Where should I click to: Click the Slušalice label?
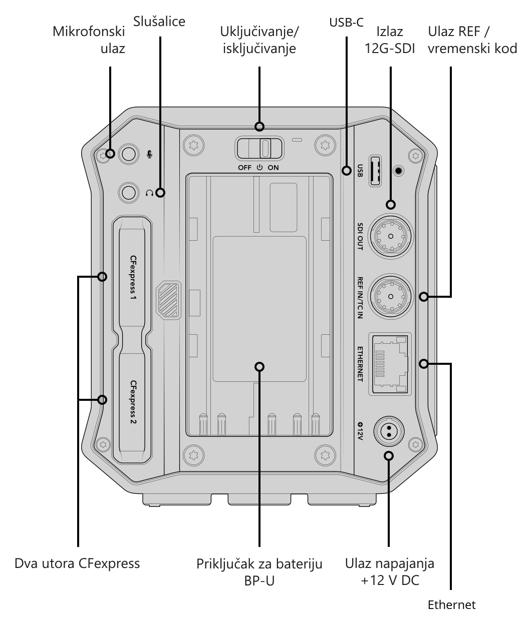coord(159,22)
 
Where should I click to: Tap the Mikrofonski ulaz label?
coord(89,40)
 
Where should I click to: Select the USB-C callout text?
coord(347,23)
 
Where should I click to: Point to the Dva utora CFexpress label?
coord(77,563)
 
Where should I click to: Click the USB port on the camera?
coord(375,171)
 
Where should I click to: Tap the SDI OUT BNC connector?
coord(391,236)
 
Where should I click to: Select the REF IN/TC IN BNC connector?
coord(391,296)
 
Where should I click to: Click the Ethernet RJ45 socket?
coord(390,364)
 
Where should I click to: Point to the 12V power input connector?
coord(389,431)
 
